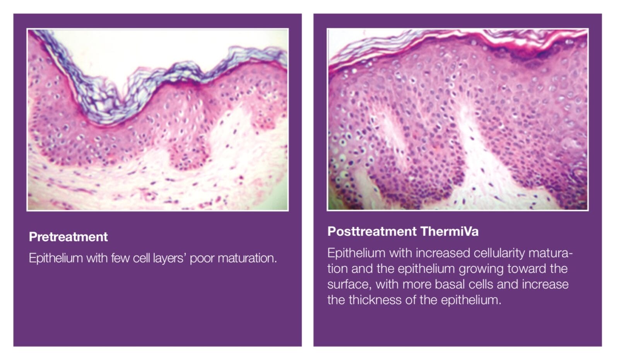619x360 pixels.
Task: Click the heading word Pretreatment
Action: coord(68,237)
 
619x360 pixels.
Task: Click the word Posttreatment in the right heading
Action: coord(372,231)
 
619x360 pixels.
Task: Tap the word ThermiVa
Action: coord(450,231)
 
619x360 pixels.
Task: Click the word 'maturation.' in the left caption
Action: coord(247,258)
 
